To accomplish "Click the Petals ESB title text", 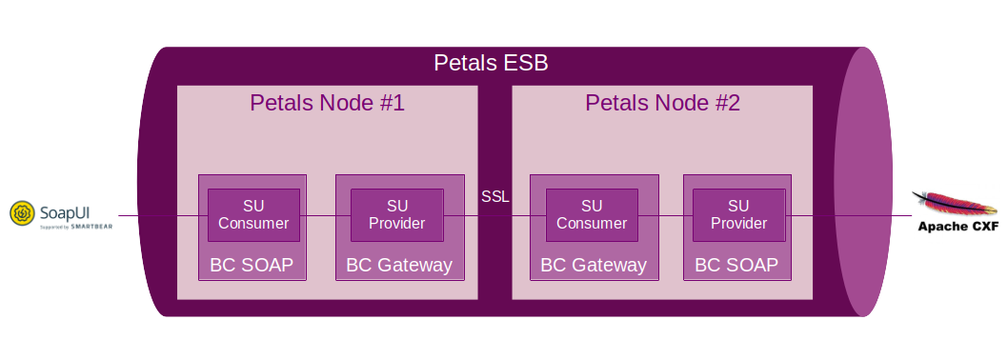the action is click(x=491, y=63).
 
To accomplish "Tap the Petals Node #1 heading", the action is click(x=327, y=103).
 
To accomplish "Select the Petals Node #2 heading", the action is click(x=662, y=103).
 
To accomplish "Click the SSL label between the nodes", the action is click(x=495, y=197).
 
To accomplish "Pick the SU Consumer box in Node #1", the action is click(x=253, y=214).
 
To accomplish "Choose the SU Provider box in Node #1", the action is click(x=396, y=214).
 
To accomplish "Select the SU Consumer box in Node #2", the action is click(x=592, y=214).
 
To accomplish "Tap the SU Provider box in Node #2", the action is click(x=738, y=214).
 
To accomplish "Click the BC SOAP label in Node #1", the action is click(x=252, y=265).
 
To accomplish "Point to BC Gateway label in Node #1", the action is click(x=399, y=265).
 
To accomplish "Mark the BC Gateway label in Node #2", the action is click(x=594, y=265).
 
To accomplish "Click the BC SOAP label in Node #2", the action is click(x=736, y=265).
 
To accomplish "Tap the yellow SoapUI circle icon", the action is click(x=22, y=212).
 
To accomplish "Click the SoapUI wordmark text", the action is click(x=66, y=212).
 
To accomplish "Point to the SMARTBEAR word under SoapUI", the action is click(x=91, y=227).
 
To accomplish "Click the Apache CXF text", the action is click(x=958, y=226).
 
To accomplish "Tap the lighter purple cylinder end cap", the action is click(x=863, y=181).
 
